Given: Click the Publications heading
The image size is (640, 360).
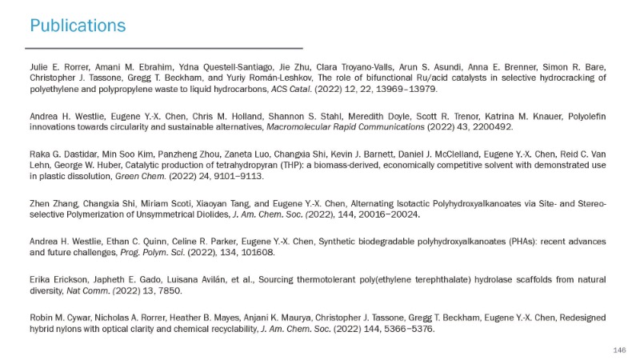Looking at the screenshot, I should pyautogui.click(x=78, y=26).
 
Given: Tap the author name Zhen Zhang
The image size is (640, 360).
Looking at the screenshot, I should pyautogui.click(x=54, y=203).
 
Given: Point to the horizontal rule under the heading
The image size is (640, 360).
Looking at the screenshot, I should pyautogui.click(x=166, y=49).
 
